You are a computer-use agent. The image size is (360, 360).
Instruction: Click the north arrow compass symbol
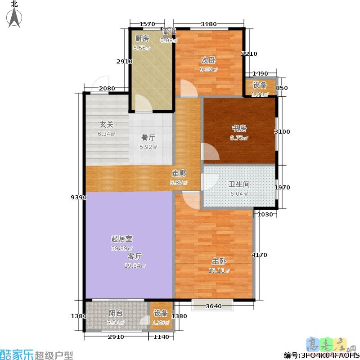[x=15, y=13]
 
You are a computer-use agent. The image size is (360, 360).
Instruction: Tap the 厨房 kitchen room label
[x=141, y=39]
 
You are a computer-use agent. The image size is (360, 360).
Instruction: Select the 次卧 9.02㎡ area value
[x=208, y=70]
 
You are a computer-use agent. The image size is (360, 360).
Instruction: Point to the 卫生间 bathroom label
[x=239, y=184]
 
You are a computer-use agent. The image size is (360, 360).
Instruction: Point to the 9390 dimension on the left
[x=77, y=197]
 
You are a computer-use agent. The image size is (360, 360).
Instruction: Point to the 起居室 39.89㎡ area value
[x=122, y=248]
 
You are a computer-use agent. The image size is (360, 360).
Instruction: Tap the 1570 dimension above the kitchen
[x=147, y=24]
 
